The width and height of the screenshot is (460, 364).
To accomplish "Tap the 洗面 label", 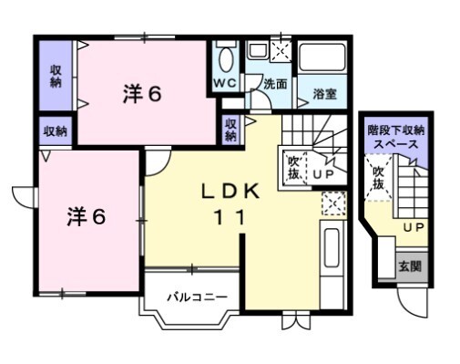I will pos(276,83).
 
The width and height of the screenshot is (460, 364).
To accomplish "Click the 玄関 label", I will pos(409,267).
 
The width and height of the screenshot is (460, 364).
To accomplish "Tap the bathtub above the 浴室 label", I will pos(324,62).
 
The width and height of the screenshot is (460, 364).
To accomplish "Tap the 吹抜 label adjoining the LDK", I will pos(293,165).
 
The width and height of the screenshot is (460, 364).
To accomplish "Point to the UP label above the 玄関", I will pos(414,226).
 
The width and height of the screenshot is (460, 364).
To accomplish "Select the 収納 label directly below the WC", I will pos(231,130).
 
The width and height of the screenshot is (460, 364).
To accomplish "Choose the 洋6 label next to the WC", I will pos(143,94).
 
